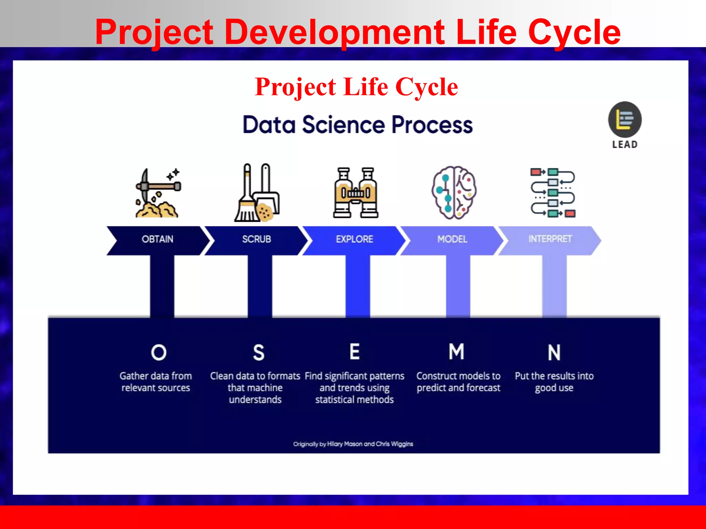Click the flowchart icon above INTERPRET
click(553, 193)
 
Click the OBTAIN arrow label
click(158, 239)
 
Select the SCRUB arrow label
click(256, 239)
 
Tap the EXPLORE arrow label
click(354, 239)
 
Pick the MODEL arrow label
click(452, 239)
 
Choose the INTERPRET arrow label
click(550, 239)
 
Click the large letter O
click(159, 353)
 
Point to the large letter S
click(259, 353)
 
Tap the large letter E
click(355, 352)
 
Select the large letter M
click(456, 352)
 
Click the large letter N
click(554, 353)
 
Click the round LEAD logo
click(625, 120)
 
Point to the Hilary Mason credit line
click(353, 444)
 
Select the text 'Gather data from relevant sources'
click(156, 382)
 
